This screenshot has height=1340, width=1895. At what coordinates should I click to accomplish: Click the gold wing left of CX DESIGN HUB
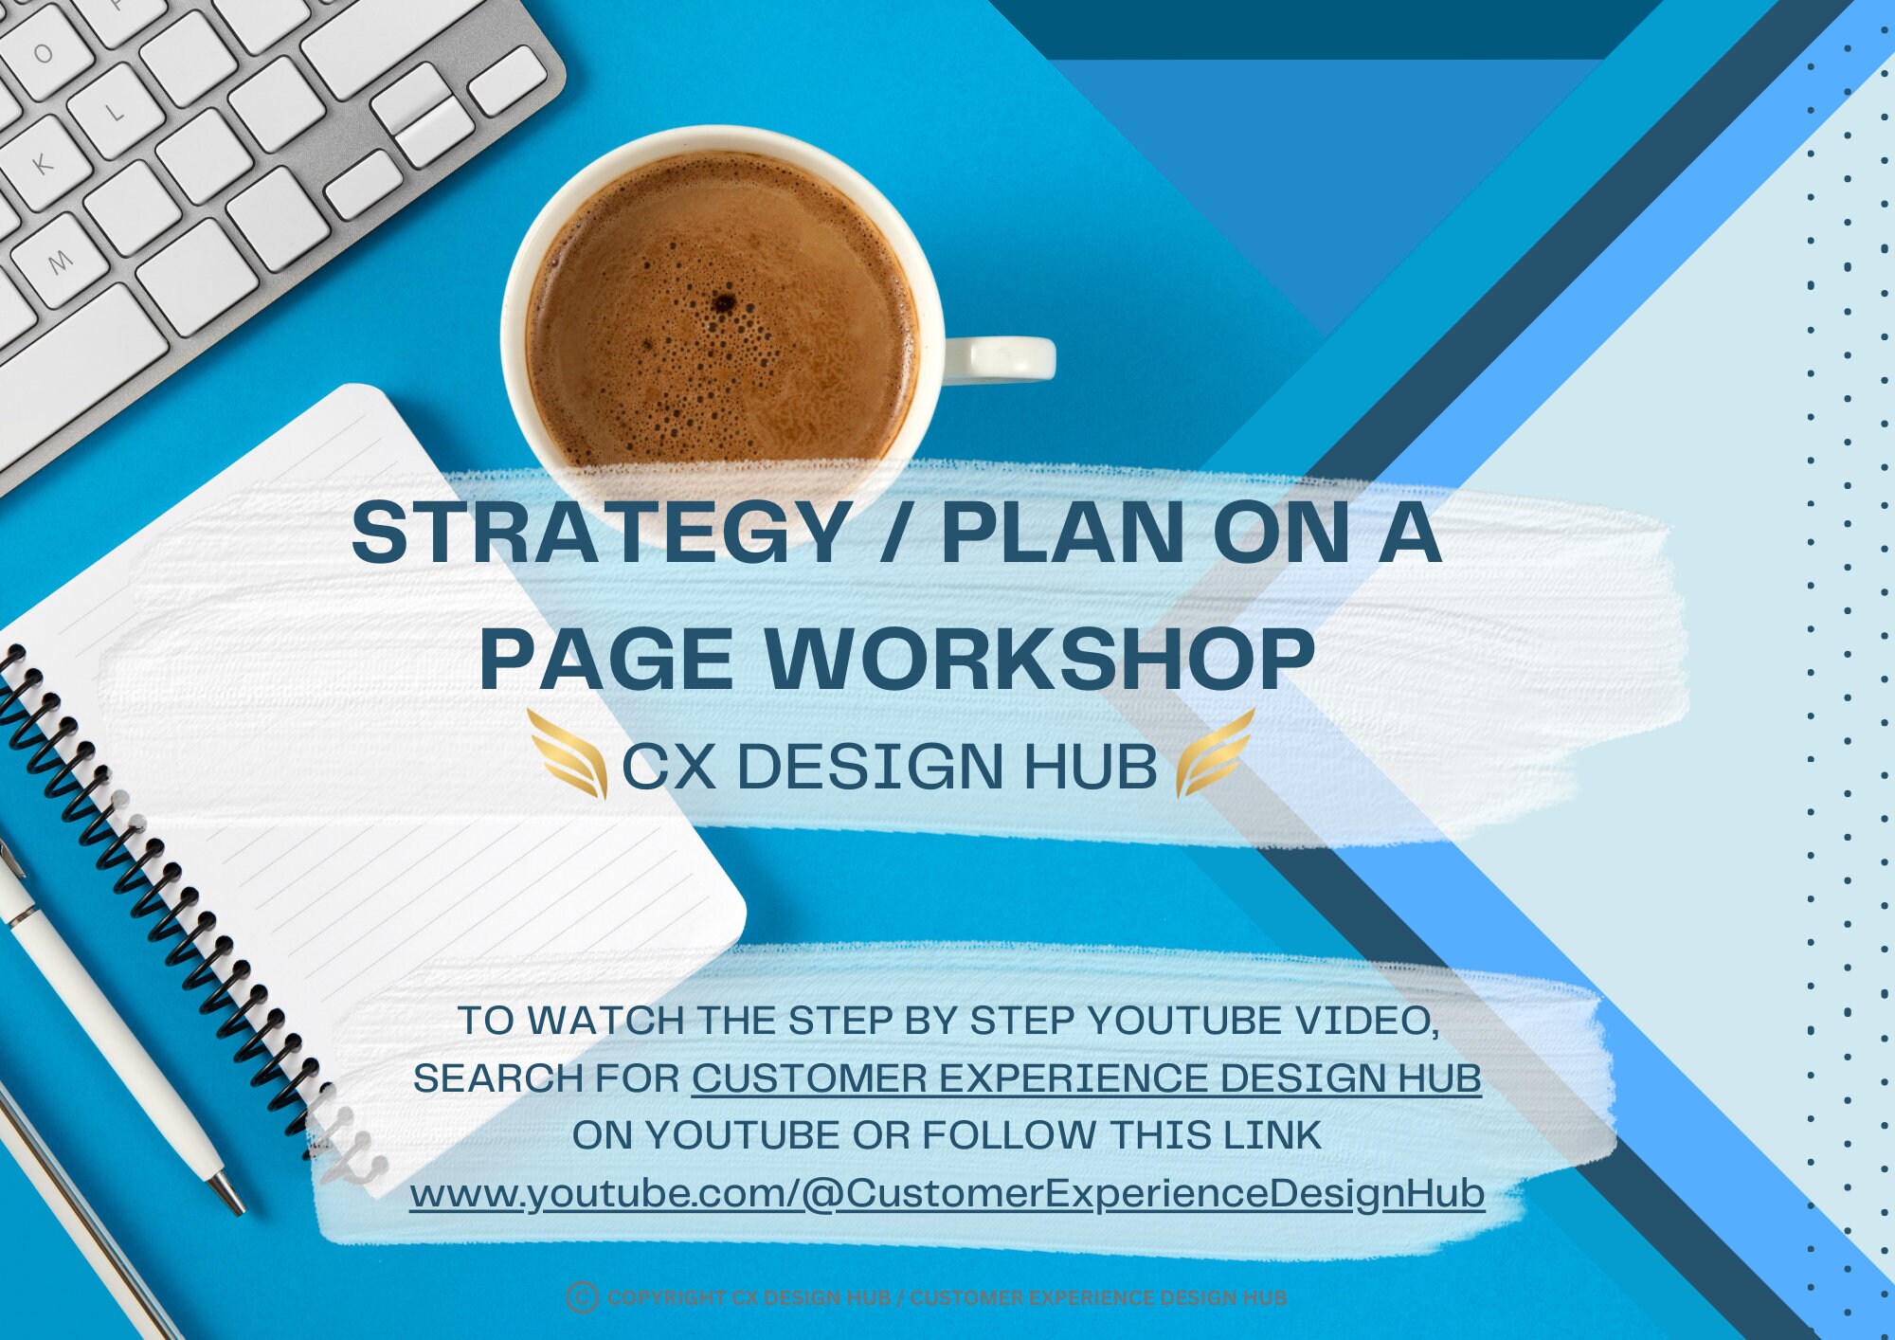click(568, 754)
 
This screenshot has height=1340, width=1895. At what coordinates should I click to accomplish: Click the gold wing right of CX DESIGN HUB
click(1215, 754)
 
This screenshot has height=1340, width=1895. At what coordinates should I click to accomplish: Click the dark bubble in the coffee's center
click(725, 303)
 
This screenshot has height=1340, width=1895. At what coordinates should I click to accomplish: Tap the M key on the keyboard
click(59, 260)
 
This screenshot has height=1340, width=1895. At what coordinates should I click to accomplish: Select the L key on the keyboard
click(115, 113)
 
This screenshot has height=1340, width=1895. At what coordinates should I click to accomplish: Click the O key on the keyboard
click(43, 53)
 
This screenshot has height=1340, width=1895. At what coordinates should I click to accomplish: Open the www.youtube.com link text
click(947, 1193)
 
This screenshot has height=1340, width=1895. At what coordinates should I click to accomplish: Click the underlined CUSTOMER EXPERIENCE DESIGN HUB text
click(1086, 1078)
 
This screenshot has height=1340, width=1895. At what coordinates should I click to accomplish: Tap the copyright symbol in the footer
click(582, 1297)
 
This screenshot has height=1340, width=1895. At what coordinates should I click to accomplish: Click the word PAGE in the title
click(606, 660)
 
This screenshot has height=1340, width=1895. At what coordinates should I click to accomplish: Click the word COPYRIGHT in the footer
click(666, 1297)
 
